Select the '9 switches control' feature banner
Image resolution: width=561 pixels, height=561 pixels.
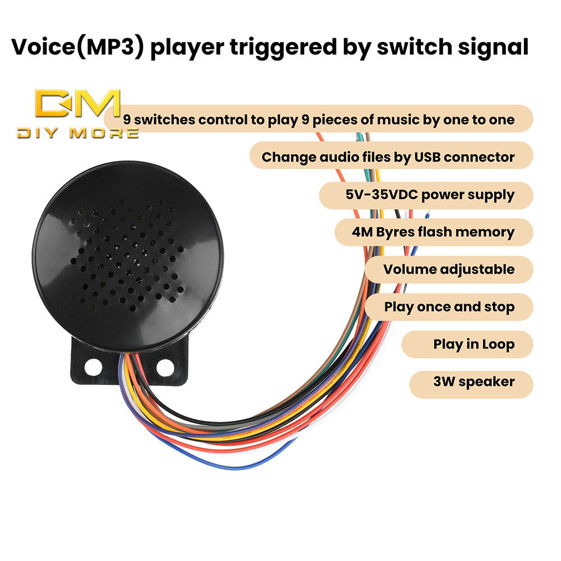pyautogui.click(x=318, y=119)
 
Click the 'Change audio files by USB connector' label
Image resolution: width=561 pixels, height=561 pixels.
pyautogui.click(x=388, y=157)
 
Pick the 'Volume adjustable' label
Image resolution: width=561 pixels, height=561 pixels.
pyautogui.click(x=449, y=269)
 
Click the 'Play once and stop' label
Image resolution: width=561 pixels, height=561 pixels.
pyautogui.click(x=449, y=307)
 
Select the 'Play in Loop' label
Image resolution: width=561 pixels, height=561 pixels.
pyautogui.click(x=473, y=344)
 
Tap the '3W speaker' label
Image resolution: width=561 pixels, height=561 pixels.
pyautogui.click(x=473, y=381)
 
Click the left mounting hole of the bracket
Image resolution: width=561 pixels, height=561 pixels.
pyautogui.click(x=94, y=366)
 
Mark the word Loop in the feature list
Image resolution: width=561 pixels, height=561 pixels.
pyautogui.click(x=498, y=344)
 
